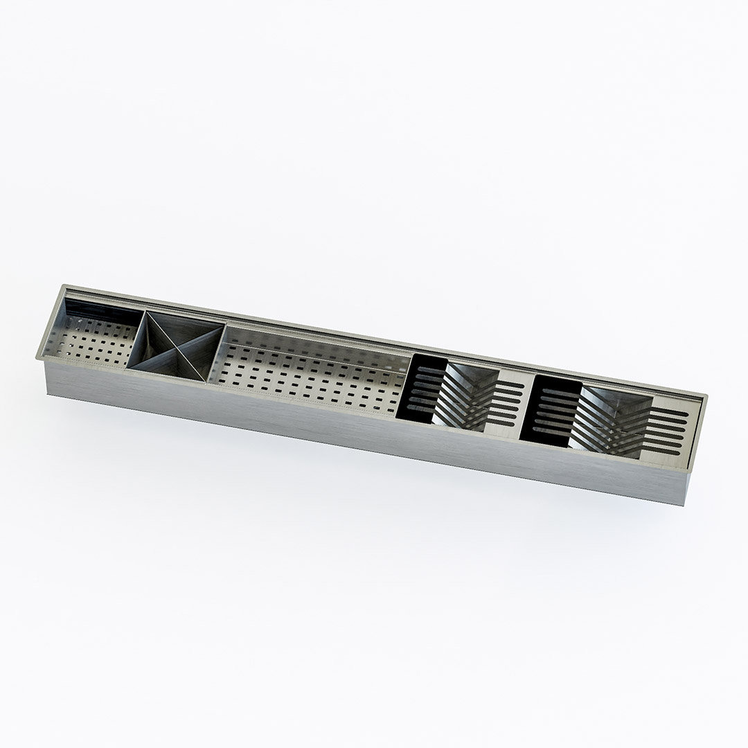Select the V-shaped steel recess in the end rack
point(609,416)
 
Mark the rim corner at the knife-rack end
point(706,396)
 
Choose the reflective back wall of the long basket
point(312,344)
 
